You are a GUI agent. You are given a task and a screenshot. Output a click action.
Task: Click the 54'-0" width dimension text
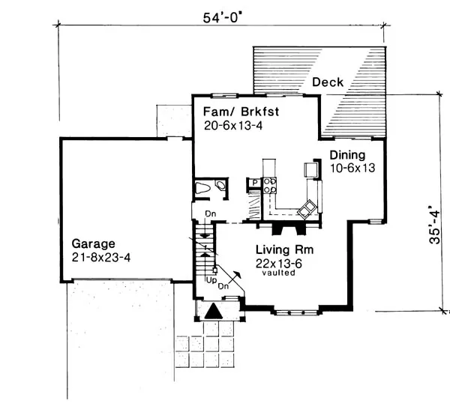(221, 18)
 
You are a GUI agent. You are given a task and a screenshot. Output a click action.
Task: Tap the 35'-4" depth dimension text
(434, 225)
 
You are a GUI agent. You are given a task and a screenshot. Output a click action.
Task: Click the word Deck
(328, 82)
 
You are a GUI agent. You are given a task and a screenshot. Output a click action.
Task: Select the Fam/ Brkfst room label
(241, 112)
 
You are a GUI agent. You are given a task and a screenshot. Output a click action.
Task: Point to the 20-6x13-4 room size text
(233, 126)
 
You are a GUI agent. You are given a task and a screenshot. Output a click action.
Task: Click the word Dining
(347, 155)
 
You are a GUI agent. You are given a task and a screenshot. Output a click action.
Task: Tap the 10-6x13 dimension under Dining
(352, 168)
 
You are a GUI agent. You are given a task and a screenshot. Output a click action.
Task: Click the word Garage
(93, 244)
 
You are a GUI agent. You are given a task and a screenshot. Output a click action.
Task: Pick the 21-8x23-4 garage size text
(101, 258)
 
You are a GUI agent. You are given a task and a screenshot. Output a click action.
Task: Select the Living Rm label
(284, 249)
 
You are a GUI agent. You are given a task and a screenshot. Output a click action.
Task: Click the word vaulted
(278, 273)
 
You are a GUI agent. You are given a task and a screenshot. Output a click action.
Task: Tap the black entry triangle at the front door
(214, 311)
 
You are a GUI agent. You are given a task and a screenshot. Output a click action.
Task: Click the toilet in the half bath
(202, 188)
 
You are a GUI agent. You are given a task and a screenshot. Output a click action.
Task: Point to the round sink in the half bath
(220, 185)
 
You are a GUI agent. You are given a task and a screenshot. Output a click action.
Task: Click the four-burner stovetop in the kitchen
(270, 186)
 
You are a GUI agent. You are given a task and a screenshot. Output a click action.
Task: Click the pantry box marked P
(254, 183)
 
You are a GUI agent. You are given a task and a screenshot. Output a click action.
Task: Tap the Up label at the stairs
(211, 281)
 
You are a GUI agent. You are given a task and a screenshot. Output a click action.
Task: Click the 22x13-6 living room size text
(279, 264)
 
